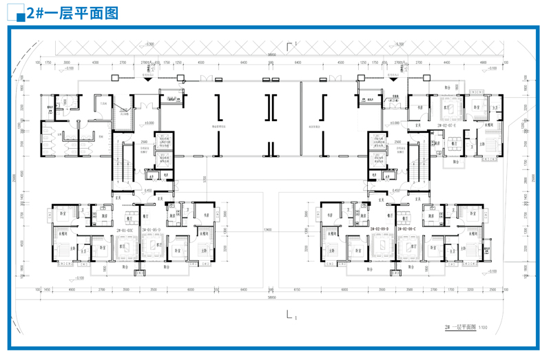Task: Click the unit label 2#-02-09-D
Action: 380,229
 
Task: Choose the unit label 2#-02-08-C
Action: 407,229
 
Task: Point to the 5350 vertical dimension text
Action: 205,180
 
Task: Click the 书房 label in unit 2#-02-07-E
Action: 419,107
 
